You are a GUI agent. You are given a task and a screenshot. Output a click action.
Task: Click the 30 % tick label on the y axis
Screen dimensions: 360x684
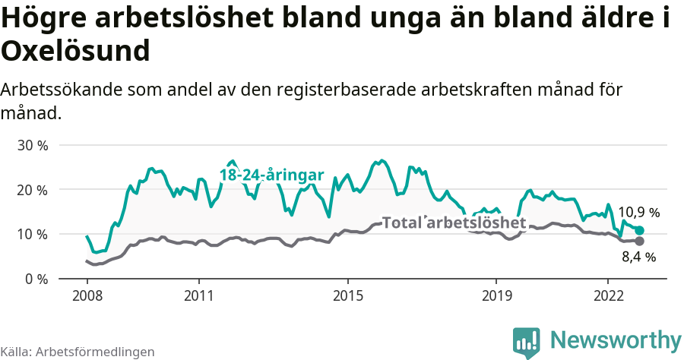pos(32,145)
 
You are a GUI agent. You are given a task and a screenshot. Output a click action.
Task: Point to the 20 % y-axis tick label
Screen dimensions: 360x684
pos(32,190)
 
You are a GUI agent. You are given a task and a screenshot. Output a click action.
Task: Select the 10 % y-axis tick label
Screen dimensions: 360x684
pos(32,235)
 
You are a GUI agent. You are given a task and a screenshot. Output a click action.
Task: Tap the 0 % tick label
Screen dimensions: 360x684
pos(36,279)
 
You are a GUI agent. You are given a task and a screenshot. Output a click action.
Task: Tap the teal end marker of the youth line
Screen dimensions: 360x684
pos(639,230)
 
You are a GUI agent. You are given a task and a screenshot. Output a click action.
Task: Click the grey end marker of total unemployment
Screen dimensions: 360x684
pos(639,241)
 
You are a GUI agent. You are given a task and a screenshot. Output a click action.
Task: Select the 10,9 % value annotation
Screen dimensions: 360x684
pos(638,213)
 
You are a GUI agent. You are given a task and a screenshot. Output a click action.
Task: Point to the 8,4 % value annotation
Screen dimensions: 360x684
pos(638,257)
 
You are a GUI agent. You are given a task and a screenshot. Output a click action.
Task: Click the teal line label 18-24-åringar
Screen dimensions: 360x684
pos(271,175)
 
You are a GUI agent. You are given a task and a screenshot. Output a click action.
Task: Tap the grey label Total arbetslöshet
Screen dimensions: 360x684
pos(454,223)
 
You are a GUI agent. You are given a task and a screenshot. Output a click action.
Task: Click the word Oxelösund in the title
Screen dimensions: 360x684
pos(74,52)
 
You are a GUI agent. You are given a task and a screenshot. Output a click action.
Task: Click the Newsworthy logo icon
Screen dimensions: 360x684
pos(527,342)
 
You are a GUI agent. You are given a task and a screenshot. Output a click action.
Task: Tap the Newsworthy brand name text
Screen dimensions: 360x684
pos(616,339)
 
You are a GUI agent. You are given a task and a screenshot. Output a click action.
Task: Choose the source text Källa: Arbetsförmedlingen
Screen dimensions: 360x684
pos(78,352)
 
